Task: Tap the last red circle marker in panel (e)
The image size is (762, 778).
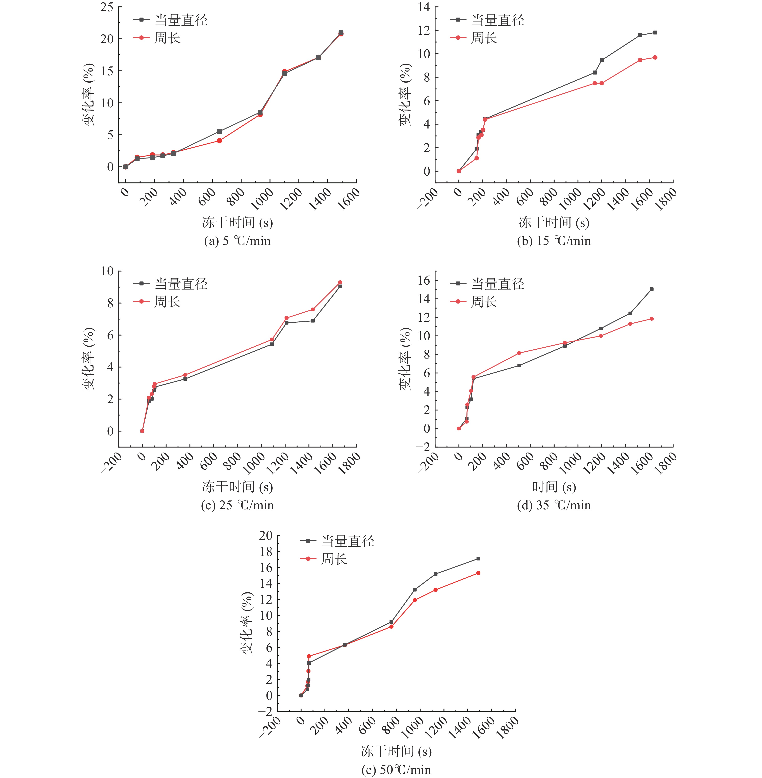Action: tap(478, 573)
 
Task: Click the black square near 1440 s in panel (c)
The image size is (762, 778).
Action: tap(313, 321)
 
